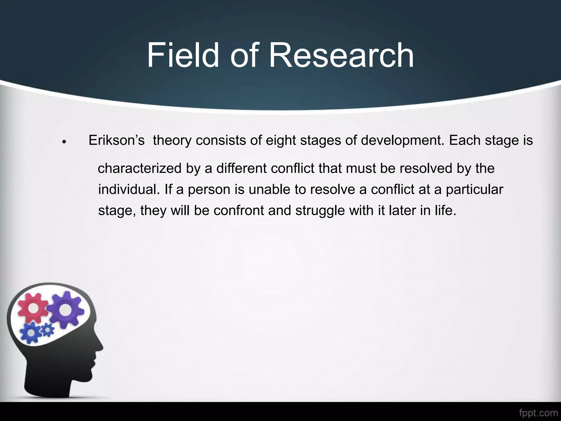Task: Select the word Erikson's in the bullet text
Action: [x=116, y=140]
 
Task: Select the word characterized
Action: [x=140, y=168]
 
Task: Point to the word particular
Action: [x=474, y=190]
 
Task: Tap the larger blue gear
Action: [x=31, y=332]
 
